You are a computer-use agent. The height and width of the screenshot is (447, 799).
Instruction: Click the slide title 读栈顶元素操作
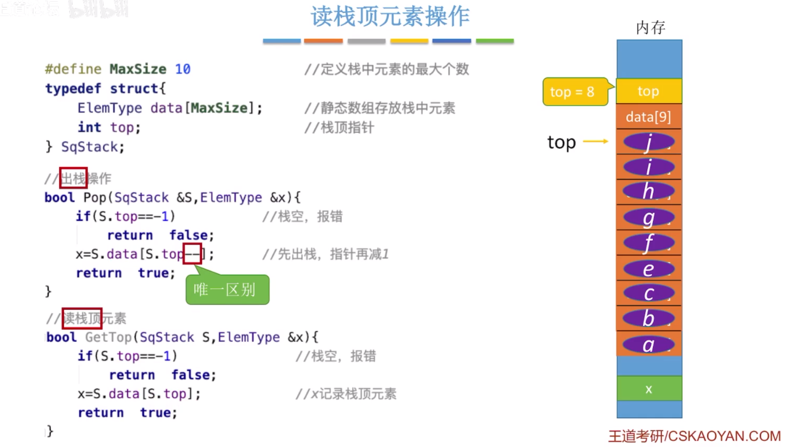[390, 17]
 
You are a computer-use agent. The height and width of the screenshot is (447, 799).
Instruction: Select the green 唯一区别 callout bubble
[227, 290]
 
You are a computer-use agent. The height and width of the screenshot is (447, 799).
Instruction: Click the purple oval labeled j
[648, 142]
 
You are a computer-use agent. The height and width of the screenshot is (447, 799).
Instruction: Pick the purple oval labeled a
[648, 344]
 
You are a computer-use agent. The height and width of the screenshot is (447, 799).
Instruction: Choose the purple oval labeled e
[648, 268]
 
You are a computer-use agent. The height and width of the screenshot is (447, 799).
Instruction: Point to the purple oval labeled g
[648, 218]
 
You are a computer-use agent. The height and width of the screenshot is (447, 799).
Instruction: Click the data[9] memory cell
[648, 117]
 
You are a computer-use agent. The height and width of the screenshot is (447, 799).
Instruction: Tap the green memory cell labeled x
[649, 389]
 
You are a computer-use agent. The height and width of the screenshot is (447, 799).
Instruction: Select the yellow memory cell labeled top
[648, 91]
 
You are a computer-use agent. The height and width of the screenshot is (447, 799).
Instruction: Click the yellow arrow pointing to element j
[596, 141]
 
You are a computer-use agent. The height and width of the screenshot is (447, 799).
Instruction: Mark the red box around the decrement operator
[192, 254]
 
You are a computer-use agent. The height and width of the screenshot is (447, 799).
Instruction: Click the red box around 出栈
[73, 178]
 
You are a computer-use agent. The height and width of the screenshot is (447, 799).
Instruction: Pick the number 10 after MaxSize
[183, 69]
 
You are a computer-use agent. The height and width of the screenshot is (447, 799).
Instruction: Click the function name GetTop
[108, 337]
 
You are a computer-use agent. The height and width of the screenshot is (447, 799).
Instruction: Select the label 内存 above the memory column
[651, 28]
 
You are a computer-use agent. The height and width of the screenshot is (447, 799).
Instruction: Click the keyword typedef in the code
[73, 88]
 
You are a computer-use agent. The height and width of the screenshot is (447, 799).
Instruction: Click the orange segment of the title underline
[323, 41]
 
